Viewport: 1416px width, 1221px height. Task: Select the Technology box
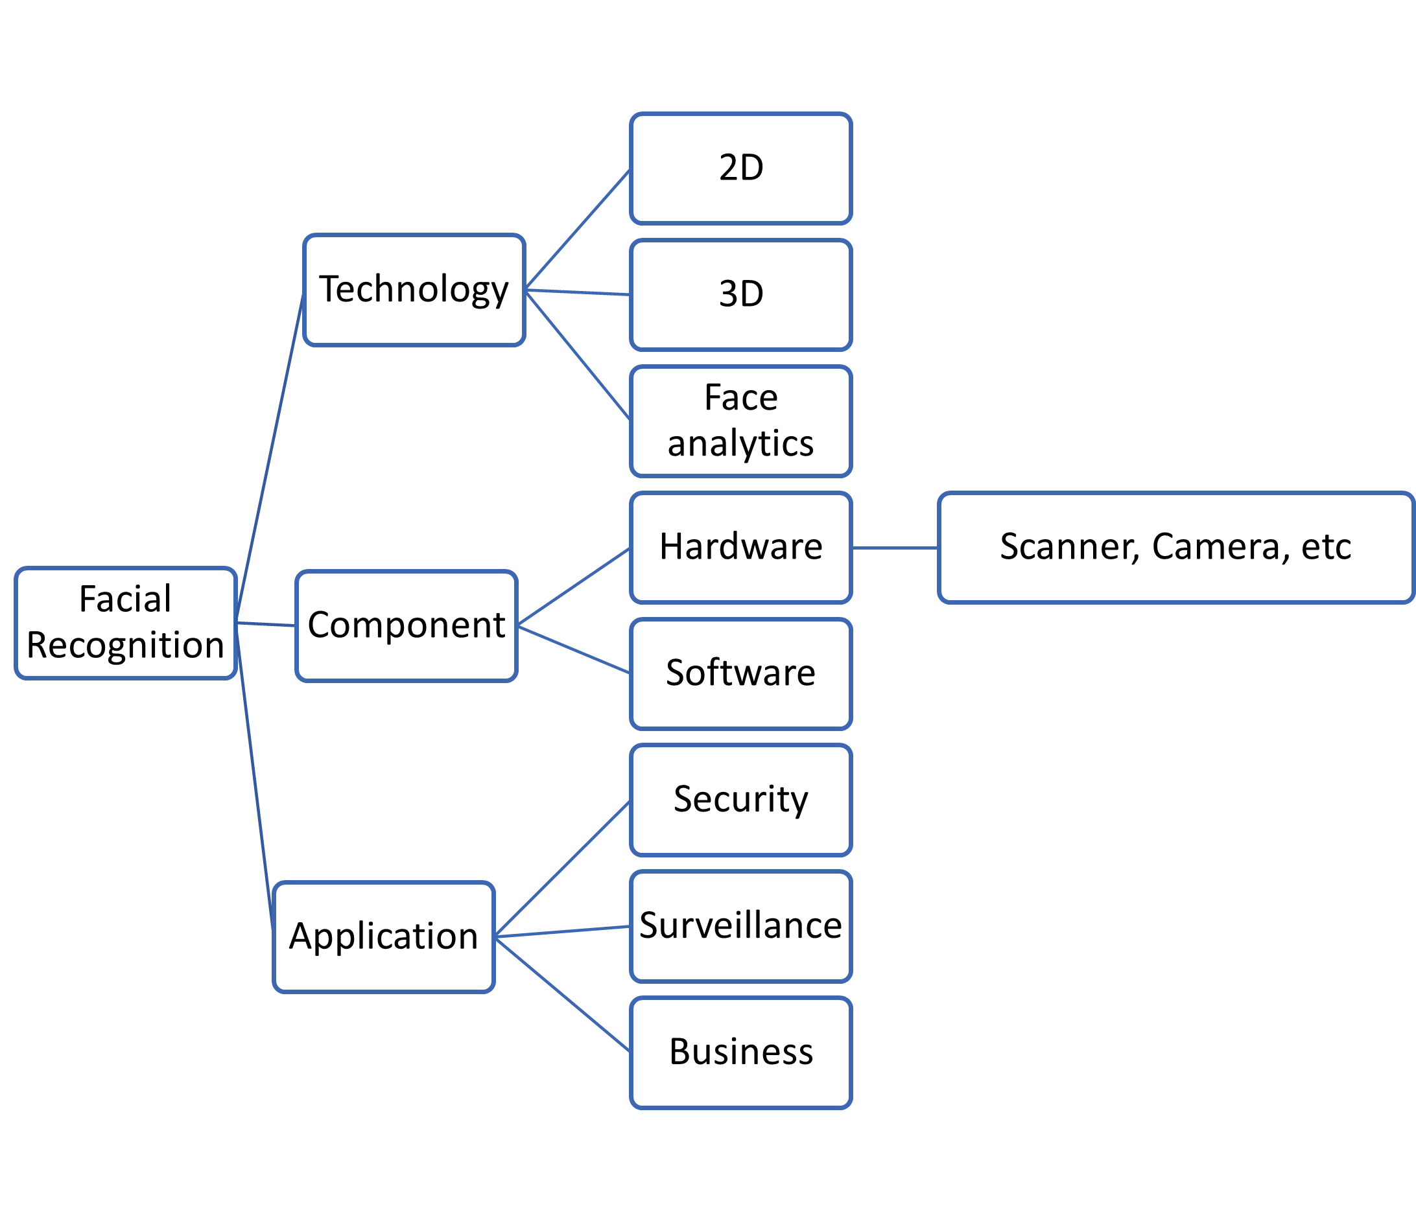[414, 290]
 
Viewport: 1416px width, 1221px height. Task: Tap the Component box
[407, 626]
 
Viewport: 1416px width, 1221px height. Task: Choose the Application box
[383, 936]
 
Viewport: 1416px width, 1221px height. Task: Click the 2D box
[741, 168]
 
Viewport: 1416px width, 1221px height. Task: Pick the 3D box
[741, 294]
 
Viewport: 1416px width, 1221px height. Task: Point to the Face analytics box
[741, 421]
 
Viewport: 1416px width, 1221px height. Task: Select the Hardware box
[741, 547]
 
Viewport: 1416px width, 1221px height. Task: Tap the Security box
[741, 800]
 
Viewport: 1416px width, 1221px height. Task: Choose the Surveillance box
[741, 927]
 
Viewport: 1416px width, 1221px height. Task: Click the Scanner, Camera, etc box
[1175, 547]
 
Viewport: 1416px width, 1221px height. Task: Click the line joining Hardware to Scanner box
[895, 547]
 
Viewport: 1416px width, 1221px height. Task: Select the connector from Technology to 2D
[578, 229]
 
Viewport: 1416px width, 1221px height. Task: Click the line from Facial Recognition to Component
[266, 624]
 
